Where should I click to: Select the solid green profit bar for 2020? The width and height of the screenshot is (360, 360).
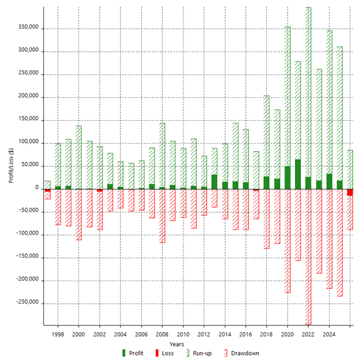pos(287,178)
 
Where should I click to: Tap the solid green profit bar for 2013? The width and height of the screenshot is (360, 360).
pos(214,182)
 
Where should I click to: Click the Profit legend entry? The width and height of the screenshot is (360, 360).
pos(132,353)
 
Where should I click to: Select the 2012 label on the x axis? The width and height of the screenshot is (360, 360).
pos(204,334)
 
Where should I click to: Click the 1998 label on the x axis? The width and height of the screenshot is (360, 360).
pos(57,334)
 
